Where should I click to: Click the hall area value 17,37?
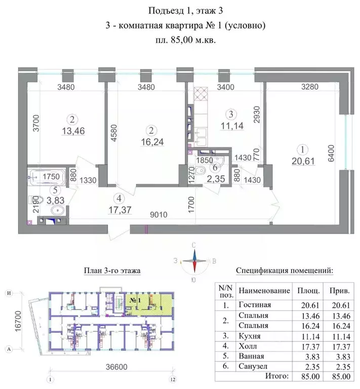click(119, 207)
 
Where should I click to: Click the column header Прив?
click(341, 291)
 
